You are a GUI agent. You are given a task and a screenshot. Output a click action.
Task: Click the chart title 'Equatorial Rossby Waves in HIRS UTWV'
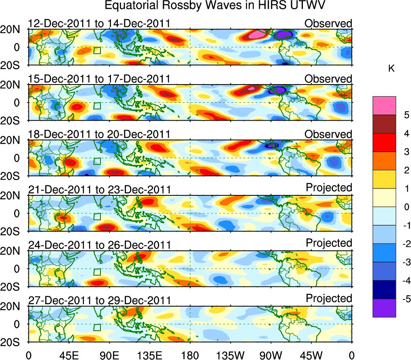click(215, 6)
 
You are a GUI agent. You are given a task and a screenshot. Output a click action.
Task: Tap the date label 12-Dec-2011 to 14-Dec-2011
click(99, 24)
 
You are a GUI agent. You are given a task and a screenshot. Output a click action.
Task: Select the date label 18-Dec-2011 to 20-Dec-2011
click(99, 134)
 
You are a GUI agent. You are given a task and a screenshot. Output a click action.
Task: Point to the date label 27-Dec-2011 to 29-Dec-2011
click(99, 300)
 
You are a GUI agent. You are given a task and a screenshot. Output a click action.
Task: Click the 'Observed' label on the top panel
click(328, 23)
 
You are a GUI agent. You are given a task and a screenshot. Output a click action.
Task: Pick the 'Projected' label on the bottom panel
click(329, 299)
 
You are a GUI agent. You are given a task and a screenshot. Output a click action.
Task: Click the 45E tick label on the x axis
click(68, 355)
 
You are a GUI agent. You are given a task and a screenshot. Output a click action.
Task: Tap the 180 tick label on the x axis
click(190, 355)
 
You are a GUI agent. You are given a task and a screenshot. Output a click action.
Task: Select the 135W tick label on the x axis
click(230, 355)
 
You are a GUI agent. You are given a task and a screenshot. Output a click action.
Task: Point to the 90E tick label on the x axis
click(109, 355)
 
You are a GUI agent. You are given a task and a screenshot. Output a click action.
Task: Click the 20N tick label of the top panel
click(13, 30)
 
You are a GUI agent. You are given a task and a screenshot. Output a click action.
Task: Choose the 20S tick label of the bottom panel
click(13, 342)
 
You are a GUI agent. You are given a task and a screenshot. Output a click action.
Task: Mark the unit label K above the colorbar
click(391, 69)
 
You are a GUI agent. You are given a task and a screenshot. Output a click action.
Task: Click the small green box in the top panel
click(97, 51)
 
